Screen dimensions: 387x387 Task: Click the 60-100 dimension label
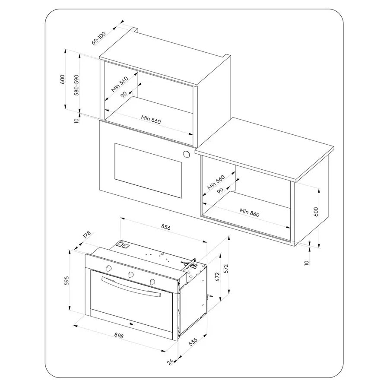point(99,38)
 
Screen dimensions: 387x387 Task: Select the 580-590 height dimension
point(77,85)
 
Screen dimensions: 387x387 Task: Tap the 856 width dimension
point(165,227)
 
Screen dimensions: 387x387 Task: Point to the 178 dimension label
point(87,235)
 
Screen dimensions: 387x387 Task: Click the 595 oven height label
point(67,281)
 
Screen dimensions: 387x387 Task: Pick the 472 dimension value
point(217,277)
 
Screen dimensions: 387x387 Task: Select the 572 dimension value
point(226,269)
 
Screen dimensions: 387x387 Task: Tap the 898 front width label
point(119,336)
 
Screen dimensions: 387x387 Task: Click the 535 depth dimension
point(193,342)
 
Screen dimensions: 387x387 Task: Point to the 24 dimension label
point(170,362)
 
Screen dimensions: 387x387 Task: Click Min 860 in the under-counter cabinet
point(250,212)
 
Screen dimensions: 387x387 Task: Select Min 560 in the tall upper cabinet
point(120,84)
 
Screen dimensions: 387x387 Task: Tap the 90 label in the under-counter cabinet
point(220,190)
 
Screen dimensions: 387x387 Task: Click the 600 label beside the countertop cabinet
point(316,212)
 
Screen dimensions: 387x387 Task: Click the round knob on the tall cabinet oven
point(186,154)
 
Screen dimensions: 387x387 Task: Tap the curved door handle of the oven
point(131,286)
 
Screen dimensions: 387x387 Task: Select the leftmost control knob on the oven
point(109,268)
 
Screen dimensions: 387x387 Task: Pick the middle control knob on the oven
point(131,274)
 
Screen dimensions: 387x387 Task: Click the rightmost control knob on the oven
point(152,281)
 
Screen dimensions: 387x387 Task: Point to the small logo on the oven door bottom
point(130,324)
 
